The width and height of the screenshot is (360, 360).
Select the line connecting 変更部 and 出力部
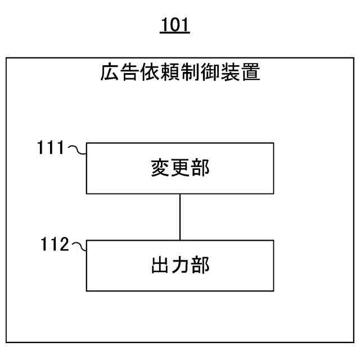tap(179, 217)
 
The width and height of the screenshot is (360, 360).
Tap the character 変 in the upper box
tap(160, 168)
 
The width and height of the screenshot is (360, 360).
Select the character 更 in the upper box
tap(180, 168)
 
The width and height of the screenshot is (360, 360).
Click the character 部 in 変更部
tap(200, 168)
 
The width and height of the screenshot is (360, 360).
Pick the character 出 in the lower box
tap(160, 265)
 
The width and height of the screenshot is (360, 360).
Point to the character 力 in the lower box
tap(180, 265)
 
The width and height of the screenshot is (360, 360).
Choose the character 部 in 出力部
tap(200, 265)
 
